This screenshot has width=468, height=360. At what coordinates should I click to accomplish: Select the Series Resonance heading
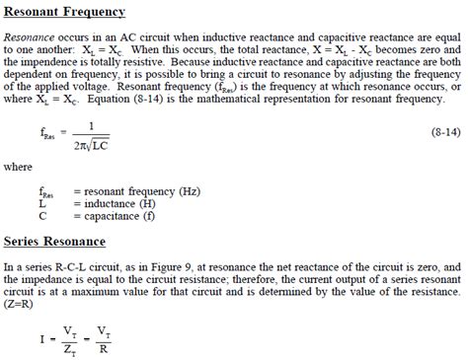[x=55, y=241]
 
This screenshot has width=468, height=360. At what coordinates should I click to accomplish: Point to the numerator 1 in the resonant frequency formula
[x=91, y=123]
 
